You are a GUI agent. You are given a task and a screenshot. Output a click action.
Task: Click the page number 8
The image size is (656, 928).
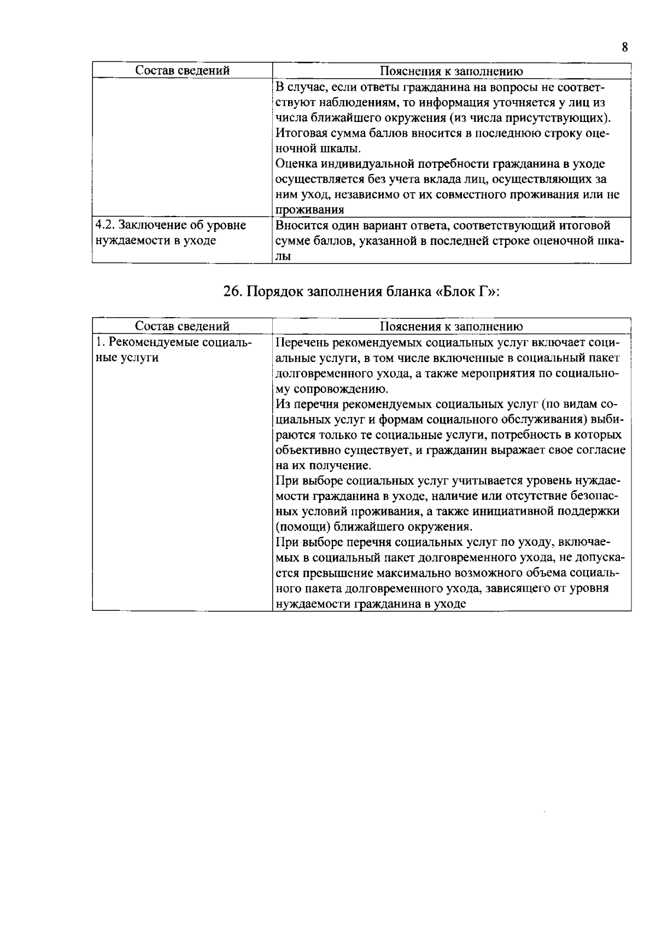point(624,47)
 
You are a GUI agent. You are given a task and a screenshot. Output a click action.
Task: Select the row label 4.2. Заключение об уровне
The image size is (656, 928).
point(171,225)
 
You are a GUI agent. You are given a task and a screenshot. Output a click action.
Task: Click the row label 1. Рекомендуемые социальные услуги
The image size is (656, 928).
point(173,343)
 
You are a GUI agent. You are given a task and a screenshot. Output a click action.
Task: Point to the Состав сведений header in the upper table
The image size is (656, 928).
point(182,71)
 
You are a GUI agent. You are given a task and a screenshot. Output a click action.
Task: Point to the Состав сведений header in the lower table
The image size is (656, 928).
point(182,326)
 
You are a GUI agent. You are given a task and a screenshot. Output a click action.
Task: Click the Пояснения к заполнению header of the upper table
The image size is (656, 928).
point(451,71)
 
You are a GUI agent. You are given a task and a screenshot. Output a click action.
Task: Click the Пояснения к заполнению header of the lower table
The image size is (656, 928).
point(451,327)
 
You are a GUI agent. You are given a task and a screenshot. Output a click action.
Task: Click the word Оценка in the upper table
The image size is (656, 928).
point(296,164)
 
